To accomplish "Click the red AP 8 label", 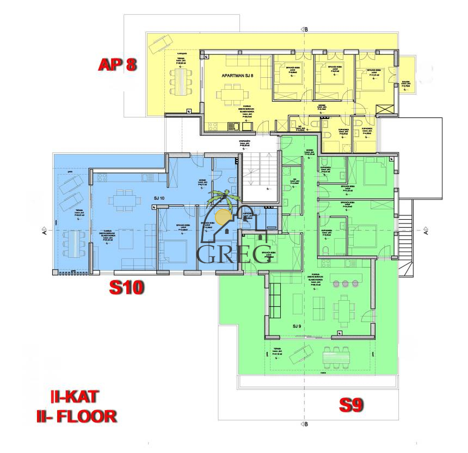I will point(116,65).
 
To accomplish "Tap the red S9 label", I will point(350,405).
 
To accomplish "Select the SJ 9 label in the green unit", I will point(296,326).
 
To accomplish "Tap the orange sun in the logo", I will point(223,216).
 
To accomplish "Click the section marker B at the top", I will point(306,29).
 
